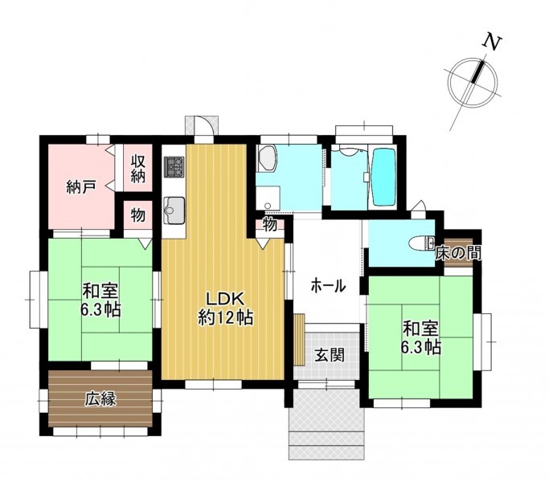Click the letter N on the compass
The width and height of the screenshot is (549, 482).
click(492, 43)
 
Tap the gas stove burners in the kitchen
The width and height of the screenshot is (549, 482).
click(174, 166)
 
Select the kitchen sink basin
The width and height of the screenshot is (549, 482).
click(174, 211)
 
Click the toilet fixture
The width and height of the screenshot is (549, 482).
click(422, 243)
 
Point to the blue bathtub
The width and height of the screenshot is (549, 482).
click(384, 178)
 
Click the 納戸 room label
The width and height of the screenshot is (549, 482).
click(81, 188)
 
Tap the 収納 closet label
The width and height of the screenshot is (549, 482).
click(138, 169)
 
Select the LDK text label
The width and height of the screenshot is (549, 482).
click(224, 300)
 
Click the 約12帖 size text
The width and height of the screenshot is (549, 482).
click(226, 318)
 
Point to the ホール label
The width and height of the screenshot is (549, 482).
click(328, 286)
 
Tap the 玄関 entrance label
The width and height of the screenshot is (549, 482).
click(330, 355)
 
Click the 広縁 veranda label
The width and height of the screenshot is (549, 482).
click(100, 399)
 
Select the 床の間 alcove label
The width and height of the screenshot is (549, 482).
click(458, 253)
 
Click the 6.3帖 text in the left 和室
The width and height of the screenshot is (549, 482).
click(100, 310)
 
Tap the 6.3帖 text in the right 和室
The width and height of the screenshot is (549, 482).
click(421, 347)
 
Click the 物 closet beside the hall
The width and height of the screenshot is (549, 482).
click(270, 225)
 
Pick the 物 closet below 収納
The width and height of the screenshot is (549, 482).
click(138, 215)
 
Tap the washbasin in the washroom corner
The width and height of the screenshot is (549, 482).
click(267, 159)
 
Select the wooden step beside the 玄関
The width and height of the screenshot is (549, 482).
click(299, 340)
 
